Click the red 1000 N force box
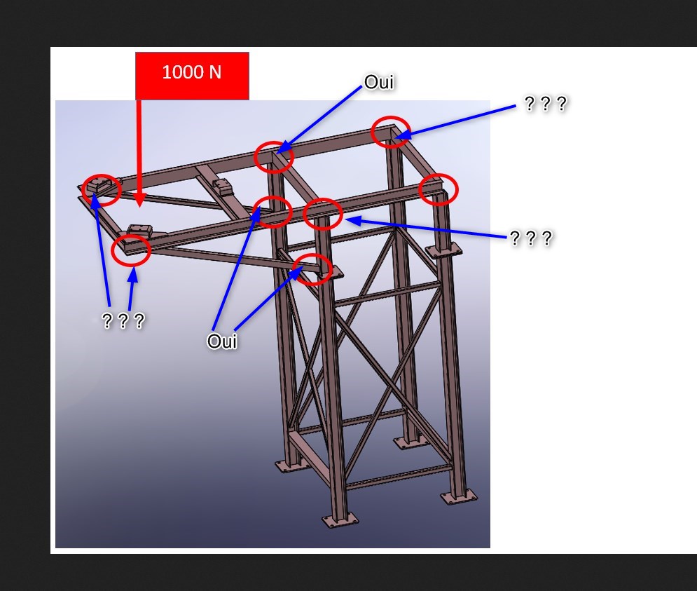pos(192,76)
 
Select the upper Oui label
pos(379,82)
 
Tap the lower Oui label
pos(222,341)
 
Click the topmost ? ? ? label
pos(546,104)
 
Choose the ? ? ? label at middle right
pos(531,238)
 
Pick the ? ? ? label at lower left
pos(123,320)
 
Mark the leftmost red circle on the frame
pos(102,190)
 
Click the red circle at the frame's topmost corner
pos(391,132)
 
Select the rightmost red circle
pos(439,189)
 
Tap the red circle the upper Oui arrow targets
pos(274,157)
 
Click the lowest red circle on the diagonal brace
pos(312,269)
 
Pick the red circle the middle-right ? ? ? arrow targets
pos(323,214)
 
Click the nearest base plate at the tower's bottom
pos(340,519)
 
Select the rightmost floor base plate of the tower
pos(459,496)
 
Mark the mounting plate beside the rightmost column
pos(443,250)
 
